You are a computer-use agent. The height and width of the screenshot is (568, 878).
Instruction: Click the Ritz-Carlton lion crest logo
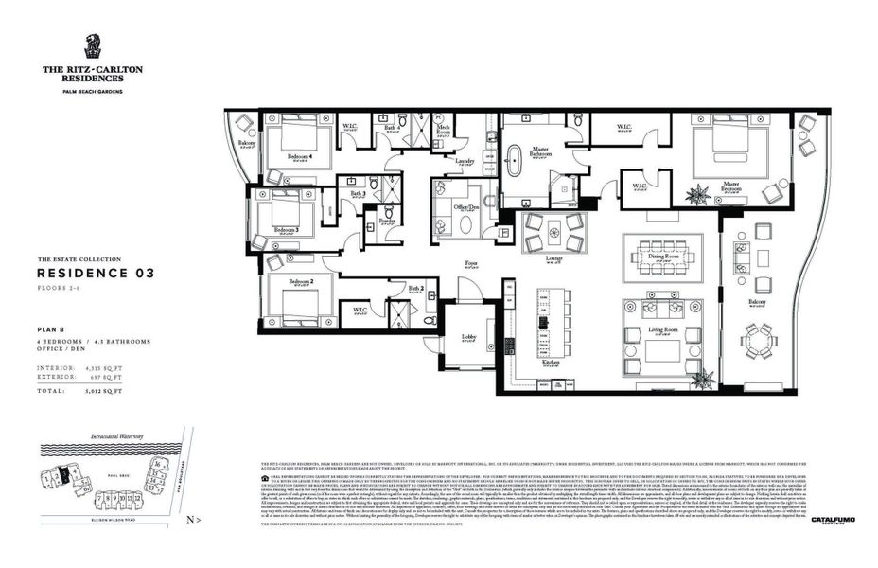pyautogui.click(x=92, y=46)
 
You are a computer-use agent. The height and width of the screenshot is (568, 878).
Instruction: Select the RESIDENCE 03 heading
pyautogui.click(x=96, y=273)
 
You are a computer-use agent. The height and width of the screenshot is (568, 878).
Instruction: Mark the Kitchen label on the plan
pyautogui.click(x=551, y=363)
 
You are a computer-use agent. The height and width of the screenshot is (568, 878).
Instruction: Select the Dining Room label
pyautogui.click(x=662, y=256)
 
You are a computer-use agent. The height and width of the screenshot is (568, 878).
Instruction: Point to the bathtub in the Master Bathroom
pyautogui.click(x=516, y=161)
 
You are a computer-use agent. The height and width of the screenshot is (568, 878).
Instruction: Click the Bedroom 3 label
pyautogui.click(x=286, y=229)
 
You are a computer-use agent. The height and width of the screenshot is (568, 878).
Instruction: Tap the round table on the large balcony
pyautogui.click(x=758, y=340)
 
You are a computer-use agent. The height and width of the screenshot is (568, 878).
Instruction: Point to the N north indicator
pyautogui.click(x=190, y=519)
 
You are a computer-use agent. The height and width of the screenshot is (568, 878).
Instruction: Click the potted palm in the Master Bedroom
pyautogui.click(x=699, y=196)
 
